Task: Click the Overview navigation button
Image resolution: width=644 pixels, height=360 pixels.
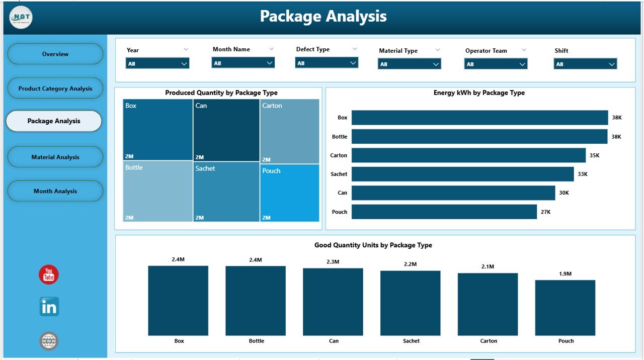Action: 55,54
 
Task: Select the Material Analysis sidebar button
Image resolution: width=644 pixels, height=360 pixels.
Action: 55,157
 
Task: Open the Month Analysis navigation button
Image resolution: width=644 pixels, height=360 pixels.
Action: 55,191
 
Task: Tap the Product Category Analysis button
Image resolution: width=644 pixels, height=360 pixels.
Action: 55,88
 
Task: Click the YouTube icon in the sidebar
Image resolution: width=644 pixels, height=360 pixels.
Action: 49,275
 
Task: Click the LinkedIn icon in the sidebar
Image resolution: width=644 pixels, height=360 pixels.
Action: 49,307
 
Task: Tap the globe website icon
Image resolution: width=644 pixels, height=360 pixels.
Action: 49,341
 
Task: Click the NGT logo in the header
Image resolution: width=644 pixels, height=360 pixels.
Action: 21,17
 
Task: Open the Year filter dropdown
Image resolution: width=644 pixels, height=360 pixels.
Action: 157,64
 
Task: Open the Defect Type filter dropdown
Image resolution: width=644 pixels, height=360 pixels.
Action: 327,63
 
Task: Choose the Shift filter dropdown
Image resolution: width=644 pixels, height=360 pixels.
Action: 585,64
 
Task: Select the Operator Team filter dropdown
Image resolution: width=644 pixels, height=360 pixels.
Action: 496,64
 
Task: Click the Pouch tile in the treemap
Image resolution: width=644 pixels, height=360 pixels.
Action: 290,193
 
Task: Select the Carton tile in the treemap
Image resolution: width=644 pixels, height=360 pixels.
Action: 290,131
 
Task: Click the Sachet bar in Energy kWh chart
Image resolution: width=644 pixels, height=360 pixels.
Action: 462,174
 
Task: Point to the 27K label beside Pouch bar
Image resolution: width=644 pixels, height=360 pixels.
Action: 545,212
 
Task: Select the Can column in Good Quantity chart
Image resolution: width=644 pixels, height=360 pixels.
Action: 334,302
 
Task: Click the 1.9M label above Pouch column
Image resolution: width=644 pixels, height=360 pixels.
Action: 565,274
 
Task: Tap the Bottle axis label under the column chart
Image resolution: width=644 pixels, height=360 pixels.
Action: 256,341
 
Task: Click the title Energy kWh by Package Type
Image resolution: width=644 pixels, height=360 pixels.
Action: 479,93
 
